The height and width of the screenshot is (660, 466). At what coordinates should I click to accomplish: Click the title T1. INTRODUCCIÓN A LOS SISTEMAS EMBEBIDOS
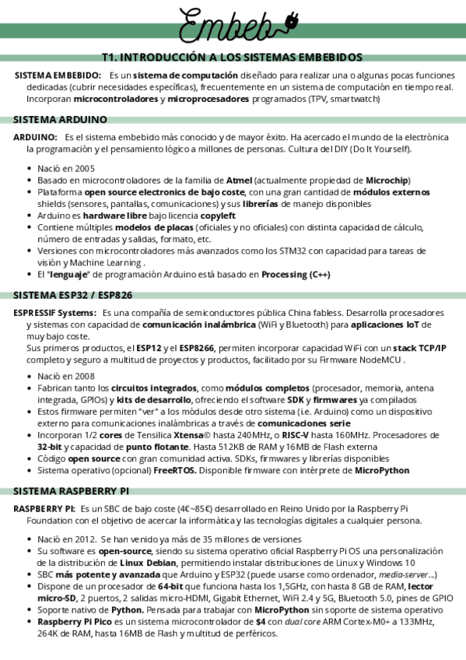tap(232, 58)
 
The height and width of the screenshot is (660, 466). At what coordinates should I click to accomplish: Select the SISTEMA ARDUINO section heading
tap(60, 119)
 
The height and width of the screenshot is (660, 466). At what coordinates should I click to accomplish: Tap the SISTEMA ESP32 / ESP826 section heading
tap(72, 295)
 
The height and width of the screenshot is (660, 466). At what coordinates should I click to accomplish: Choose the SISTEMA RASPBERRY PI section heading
tap(71, 491)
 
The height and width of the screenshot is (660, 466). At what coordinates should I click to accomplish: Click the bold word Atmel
tap(239, 181)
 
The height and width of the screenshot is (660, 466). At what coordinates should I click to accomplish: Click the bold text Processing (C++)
tap(296, 275)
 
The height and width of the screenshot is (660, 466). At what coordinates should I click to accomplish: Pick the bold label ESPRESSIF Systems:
tap(53, 312)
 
